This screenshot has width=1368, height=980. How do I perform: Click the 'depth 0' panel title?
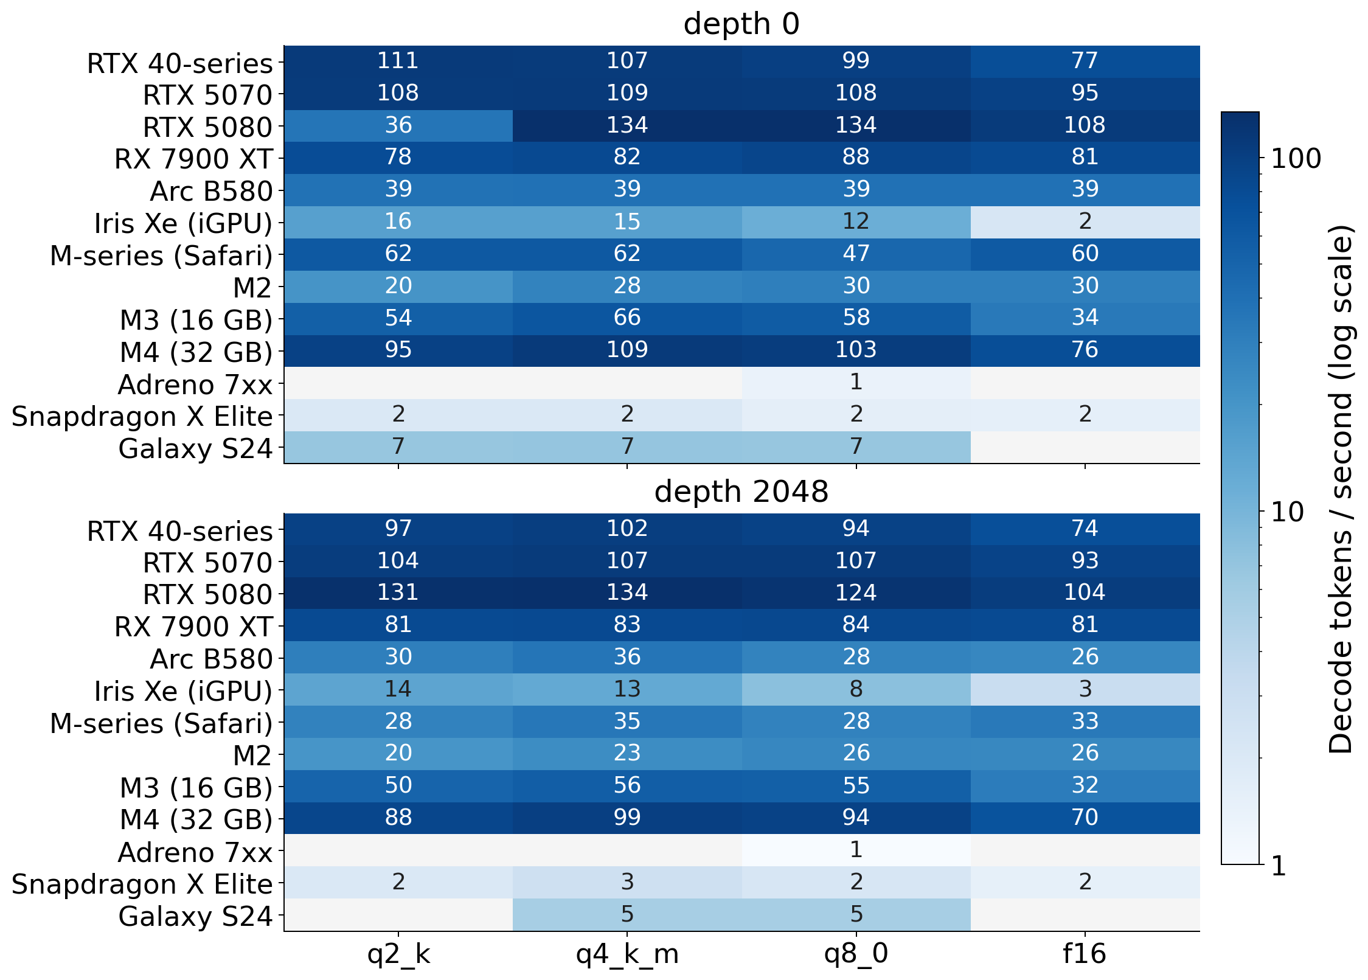click(x=741, y=24)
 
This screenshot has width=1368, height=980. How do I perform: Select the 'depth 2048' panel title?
click(x=741, y=492)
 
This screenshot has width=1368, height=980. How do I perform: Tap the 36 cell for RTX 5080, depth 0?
click(x=398, y=125)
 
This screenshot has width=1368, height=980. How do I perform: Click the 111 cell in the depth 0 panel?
click(x=398, y=61)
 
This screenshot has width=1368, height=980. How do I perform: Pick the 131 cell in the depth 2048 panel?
click(x=398, y=593)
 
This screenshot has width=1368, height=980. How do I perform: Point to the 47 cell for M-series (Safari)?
click(x=856, y=254)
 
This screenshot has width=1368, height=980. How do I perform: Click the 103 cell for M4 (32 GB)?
click(x=856, y=350)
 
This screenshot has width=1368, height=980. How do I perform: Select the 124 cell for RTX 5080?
click(x=856, y=593)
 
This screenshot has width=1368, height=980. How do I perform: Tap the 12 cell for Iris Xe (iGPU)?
click(x=856, y=221)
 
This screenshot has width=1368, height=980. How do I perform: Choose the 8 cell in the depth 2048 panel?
click(x=856, y=689)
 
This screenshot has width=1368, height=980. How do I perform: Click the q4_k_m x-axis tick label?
click(x=627, y=954)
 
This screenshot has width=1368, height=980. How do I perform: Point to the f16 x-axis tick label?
click(x=1085, y=953)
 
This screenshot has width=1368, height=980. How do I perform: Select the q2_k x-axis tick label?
click(x=398, y=954)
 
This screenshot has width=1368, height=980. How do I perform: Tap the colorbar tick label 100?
click(x=1296, y=159)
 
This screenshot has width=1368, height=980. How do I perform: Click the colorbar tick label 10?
click(x=1288, y=513)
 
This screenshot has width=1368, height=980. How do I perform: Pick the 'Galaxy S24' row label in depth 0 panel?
click(x=195, y=449)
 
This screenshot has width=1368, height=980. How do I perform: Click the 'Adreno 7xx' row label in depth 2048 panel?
click(x=195, y=853)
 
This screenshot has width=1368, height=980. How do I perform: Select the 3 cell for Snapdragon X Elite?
click(x=627, y=882)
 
